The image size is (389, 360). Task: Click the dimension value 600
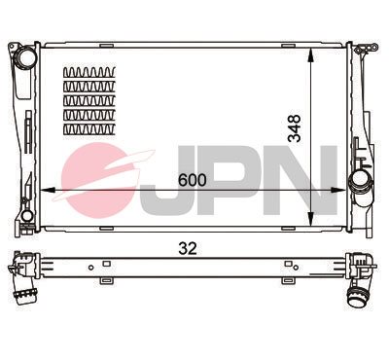(x=193, y=180)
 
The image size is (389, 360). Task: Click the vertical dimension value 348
(x=295, y=128)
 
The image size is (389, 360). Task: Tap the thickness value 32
(x=188, y=248)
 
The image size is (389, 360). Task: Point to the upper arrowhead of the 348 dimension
(x=310, y=55)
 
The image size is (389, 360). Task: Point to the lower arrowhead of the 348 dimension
(x=310, y=219)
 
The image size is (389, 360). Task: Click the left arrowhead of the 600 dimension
(x=46, y=191)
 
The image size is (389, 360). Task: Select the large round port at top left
(x=25, y=56)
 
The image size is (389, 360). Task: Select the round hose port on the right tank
(x=358, y=180)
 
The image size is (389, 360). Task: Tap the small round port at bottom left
(x=27, y=215)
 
